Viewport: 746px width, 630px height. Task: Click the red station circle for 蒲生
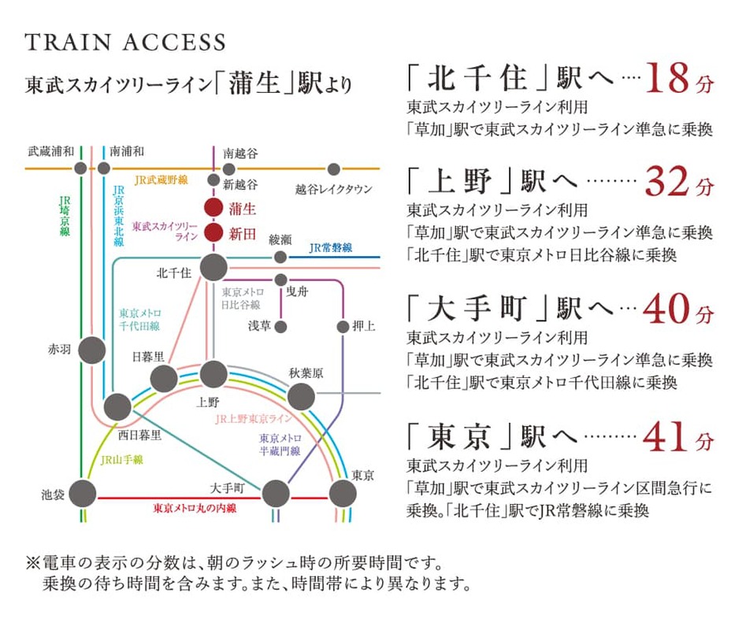coord(213,209)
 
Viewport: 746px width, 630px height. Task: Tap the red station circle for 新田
coord(213,233)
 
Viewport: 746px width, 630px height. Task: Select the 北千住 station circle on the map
coord(213,268)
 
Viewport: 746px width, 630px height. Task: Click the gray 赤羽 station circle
coord(92,350)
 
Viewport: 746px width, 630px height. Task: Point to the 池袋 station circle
coord(82,494)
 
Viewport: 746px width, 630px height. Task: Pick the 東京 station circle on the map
coord(343,494)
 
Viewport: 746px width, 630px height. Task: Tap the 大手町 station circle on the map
coord(276,494)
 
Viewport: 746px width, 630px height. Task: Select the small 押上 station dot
coord(343,326)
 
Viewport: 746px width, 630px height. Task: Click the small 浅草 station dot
coord(280,326)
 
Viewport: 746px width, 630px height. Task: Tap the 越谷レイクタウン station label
coord(333,190)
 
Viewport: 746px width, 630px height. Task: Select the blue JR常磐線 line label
coord(331,248)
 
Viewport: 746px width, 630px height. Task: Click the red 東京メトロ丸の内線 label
coord(195,509)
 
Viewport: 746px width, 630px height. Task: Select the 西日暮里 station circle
coord(117,407)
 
